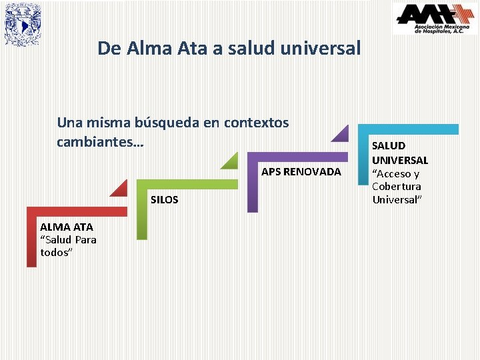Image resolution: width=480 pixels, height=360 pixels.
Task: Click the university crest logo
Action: tap(23, 25)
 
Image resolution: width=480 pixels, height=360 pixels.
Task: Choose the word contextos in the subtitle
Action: tap(257, 123)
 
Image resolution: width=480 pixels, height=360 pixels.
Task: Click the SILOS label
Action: tap(165, 200)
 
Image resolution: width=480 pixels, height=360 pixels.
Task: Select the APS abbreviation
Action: tap(271, 172)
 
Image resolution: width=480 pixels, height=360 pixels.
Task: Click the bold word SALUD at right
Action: tap(388, 146)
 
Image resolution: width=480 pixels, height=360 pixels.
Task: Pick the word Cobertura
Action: tap(397, 187)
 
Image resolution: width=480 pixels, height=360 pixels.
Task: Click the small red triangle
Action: tap(121, 189)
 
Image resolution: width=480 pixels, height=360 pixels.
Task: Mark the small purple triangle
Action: tap(342, 133)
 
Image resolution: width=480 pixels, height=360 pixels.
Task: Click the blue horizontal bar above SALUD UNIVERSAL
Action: tap(408, 129)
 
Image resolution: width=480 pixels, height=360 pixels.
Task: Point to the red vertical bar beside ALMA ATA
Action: tap(31, 240)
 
